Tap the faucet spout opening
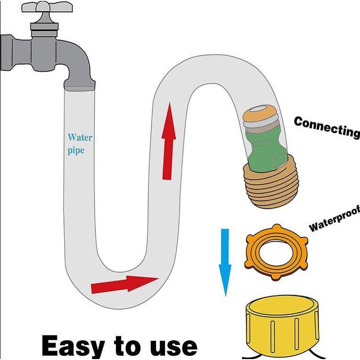pos(79,87)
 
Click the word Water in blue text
pos(80,138)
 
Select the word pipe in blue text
pos(76,151)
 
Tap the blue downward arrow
pos(225,262)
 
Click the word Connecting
pos(327,126)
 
